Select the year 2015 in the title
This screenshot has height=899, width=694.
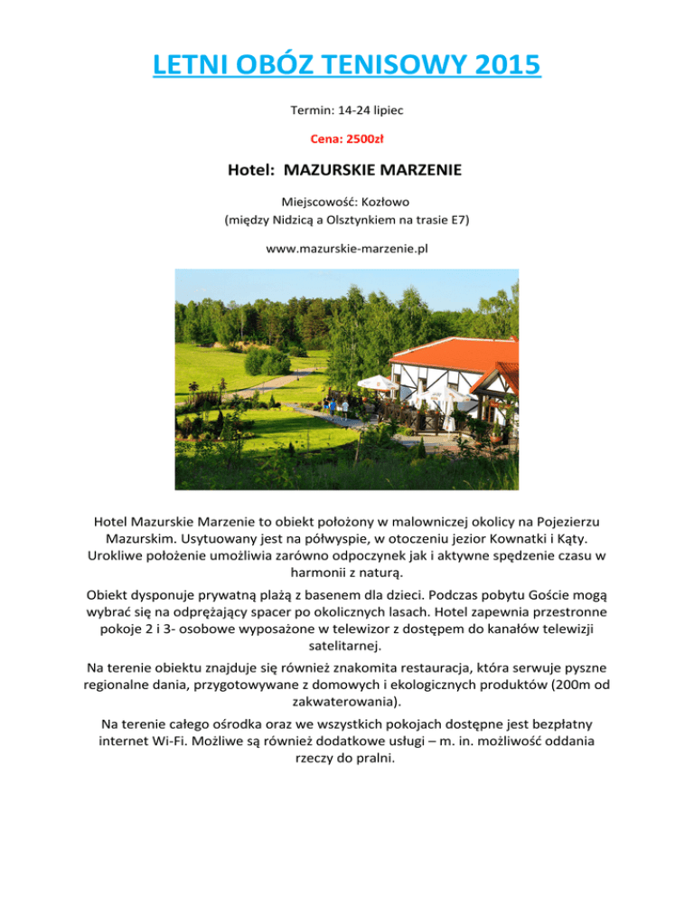502,67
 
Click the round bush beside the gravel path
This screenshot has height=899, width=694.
267,362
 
